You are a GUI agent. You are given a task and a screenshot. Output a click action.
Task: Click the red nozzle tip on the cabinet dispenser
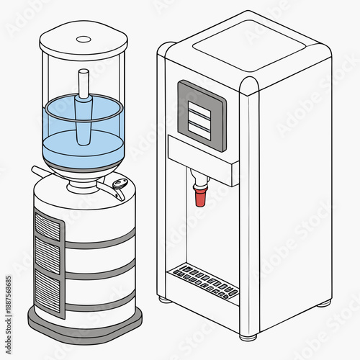199,196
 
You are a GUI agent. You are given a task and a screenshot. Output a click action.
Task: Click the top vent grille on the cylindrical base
48,227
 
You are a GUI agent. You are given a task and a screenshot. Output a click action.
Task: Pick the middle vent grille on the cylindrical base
48,256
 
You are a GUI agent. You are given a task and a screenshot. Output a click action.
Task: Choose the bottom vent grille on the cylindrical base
48,288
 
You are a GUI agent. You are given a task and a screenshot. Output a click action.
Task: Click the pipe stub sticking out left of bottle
37,171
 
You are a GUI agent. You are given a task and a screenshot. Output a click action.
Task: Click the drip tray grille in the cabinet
205,282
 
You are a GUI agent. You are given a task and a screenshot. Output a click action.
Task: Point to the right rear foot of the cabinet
324,302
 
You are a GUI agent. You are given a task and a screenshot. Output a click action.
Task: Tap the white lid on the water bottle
83,41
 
